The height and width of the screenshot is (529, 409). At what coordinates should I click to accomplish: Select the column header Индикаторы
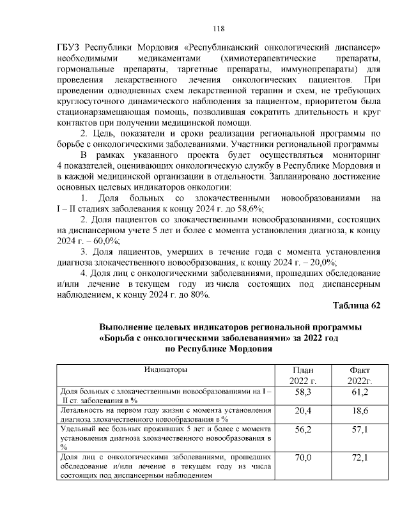pos(165,370)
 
